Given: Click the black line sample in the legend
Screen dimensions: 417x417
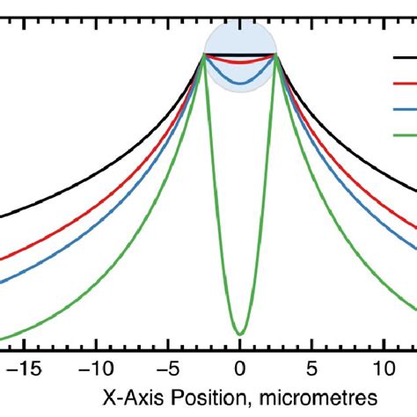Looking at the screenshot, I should [x=405, y=59].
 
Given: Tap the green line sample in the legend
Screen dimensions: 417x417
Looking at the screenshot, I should [x=405, y=135].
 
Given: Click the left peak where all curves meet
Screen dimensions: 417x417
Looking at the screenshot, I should [x=204, y=55].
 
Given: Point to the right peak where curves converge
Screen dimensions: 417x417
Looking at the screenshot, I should [x=276, y=55].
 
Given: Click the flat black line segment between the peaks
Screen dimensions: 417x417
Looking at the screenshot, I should [x=240, y=55].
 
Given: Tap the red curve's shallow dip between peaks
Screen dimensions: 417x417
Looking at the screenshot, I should [x=240, y=65].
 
